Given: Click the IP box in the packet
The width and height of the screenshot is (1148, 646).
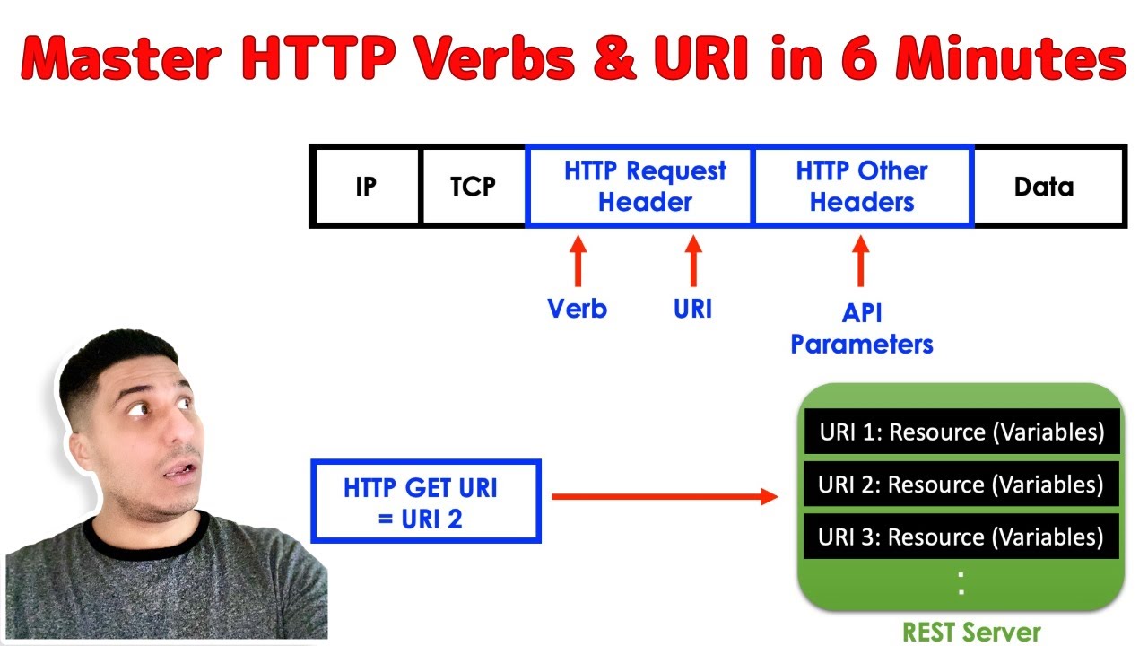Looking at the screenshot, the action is [366, 187].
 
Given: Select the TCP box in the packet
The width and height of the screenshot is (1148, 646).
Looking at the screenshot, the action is [473, 187].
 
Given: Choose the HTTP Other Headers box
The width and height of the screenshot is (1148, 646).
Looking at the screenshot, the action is [861, 187].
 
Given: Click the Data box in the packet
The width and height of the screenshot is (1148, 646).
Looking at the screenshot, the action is [1044, 187].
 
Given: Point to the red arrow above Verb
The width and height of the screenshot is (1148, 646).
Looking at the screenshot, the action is [578, 260].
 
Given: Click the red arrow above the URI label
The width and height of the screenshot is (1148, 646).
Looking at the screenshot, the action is [692, 260].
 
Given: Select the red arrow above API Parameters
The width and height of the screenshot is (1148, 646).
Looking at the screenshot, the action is [861, 260].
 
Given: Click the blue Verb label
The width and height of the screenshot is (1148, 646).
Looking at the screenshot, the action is [578, 309].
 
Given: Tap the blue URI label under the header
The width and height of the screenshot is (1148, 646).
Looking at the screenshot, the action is [692, 309].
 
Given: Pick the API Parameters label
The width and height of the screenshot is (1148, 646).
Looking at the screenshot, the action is [861, 328].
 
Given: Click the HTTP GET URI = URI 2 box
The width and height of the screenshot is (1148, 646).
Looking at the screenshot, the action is [426, 502].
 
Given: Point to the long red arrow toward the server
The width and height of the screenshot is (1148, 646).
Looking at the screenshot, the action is [664, 496].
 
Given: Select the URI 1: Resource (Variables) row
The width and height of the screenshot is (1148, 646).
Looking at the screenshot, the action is [961, 432].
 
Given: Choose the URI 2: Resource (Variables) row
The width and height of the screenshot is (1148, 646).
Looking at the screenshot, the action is [961, 484].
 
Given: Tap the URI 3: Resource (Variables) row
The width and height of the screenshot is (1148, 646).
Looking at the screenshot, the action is [961, 537].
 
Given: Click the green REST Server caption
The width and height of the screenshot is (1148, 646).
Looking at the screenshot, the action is [970, 632].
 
